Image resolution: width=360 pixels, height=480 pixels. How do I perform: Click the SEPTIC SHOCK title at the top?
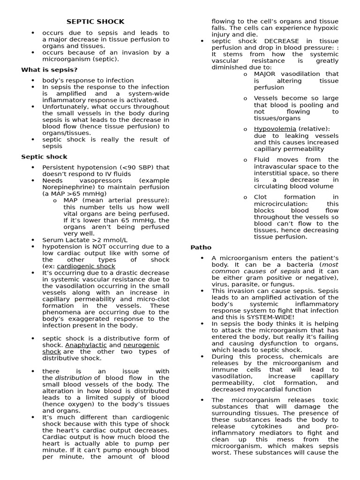click(95, 22)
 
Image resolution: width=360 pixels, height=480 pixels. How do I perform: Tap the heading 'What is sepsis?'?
click(49, 70)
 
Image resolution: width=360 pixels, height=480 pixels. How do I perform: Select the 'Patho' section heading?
click(201, 247)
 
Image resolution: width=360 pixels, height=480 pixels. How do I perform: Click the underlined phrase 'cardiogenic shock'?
click(86, 266)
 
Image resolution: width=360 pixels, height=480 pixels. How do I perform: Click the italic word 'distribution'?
click(74, 378)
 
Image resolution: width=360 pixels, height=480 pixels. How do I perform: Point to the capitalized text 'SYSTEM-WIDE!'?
click(268, 317)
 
